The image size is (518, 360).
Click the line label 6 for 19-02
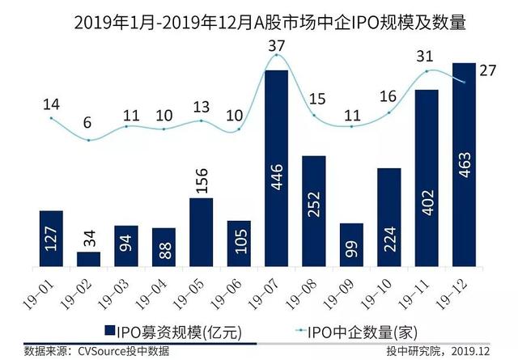point(88,124)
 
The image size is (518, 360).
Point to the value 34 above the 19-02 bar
point(89,237)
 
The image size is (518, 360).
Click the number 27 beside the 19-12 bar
point(487,70)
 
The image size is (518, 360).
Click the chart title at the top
point(258,17)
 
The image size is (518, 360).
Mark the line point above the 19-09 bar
point(350,126)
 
